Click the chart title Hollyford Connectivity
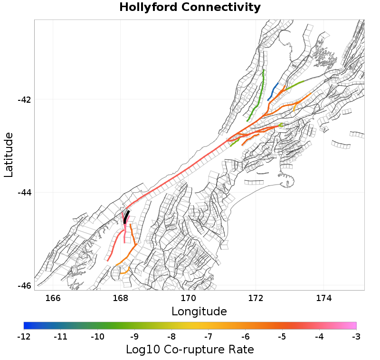[190, 8]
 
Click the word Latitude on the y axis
[9, 155]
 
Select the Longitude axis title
[199, 311]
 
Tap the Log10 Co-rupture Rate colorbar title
[190, 350]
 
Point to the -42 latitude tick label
[24, 100]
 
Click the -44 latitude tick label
[24, 193]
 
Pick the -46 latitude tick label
[24, 286]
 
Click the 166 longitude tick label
[53, 298]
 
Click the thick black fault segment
[126, 216]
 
